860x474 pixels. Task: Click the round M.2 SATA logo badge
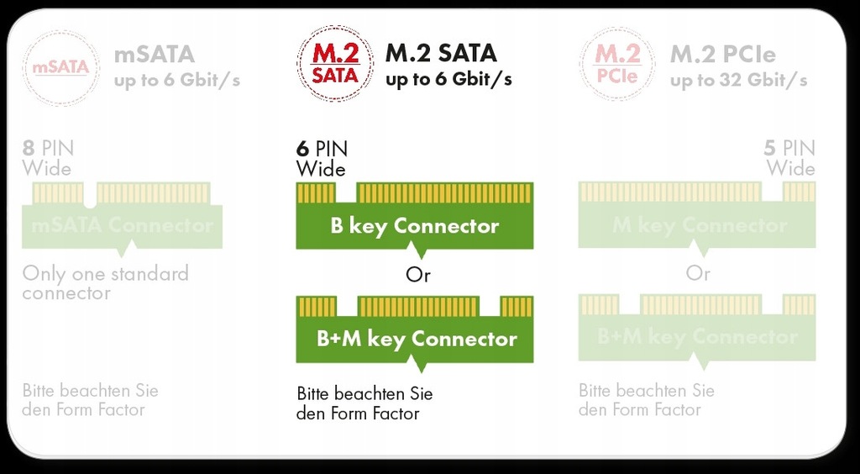click(x=335, y=64)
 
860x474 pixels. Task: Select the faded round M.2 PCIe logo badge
click(x=617, y=65)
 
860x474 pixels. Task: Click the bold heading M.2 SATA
click(x=441, y=54)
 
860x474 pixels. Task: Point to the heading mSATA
click(x=155, y=55)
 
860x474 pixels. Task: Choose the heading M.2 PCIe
click(x=722, y=55)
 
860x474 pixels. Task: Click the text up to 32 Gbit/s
click(x=739, y=81)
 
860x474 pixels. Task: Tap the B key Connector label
click(x=415, y=226)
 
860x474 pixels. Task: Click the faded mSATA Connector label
click(x=122, y=226)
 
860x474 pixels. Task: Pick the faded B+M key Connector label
click(x=697, y=337)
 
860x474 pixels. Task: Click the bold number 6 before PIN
click(x=302, y=150)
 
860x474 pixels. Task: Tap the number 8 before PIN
click(x=29, y=149)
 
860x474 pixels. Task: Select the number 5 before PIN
click(x=770, y=149)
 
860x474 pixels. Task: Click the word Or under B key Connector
click(x=417, y=276)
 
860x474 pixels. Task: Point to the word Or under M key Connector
click(x=698, y=274)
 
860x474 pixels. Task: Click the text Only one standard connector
click(x=105, y=283)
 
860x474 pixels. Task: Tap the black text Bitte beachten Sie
click(x=364, y=393)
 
